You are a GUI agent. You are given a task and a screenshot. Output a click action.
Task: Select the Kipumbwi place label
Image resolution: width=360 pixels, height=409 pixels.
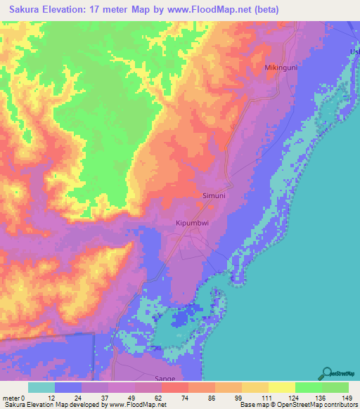point(191,223)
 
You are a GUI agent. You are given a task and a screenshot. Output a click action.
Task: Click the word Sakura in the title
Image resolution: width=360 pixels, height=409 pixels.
point(29,10)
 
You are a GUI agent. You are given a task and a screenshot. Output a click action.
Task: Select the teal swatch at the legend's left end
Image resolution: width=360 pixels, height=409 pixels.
point(41,387)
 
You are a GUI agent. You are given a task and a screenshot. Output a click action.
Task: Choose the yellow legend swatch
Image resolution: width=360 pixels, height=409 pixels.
point(281,387)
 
